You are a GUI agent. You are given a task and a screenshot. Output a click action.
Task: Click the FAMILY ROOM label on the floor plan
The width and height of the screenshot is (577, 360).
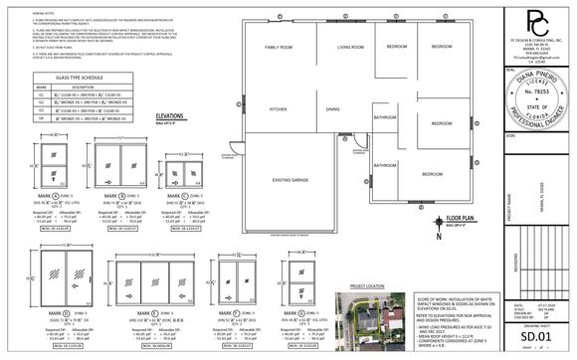[x=279, y=48]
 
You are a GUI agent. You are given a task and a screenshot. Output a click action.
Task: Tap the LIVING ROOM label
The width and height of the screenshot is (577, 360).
[x=350, y=48]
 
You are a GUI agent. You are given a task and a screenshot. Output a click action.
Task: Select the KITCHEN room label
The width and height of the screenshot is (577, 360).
[x=279, y=108]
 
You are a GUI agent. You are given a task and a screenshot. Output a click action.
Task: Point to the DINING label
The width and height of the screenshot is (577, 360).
[x=332, y=108]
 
